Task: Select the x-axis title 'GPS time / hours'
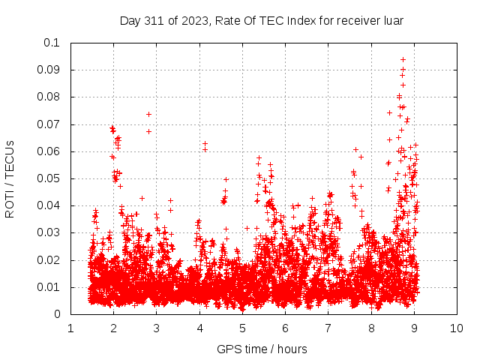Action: pyautogui.click(x=262, y=349)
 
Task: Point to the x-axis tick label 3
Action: pyautogui.click(x=157, y=328)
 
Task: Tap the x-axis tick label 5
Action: pyautogui.click(x=242, y=328)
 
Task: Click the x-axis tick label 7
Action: pyautogui.click(x=328, y=328)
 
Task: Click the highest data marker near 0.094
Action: pyautogui.click(x=403, y=59)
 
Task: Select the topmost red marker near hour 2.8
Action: pyautogui.click(x=148, y=114)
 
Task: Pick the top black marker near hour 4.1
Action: pyautogui.click(x=205, y=143)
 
